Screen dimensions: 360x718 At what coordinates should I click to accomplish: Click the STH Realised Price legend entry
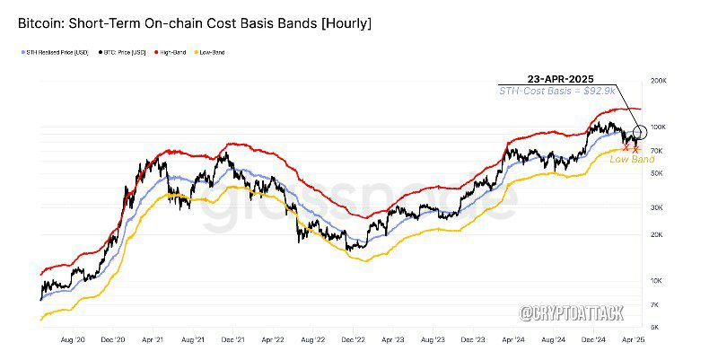56,53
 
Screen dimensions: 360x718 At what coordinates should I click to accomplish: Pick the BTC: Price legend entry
125,53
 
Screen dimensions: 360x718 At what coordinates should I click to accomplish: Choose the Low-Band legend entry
213,53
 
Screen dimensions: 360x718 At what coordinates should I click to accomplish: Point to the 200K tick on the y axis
659,81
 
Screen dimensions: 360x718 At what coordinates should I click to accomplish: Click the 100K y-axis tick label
659,127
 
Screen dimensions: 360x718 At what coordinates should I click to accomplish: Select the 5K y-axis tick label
656,327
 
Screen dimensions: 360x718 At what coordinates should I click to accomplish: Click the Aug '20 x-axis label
72,342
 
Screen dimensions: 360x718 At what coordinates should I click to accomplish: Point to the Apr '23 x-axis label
392,342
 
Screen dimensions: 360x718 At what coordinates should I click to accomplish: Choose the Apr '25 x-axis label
633,342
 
